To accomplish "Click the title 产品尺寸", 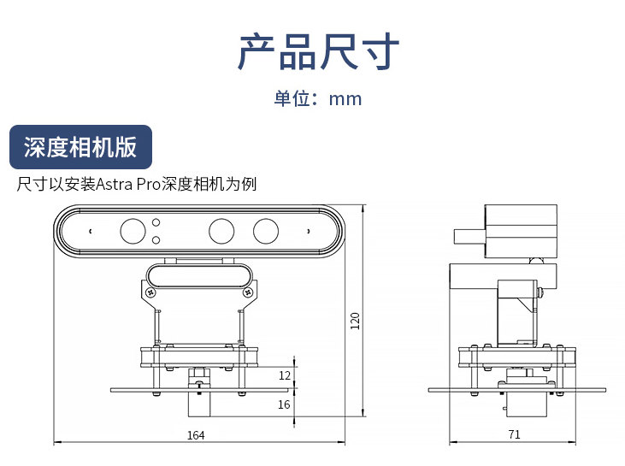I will pyautogui.click(x=317, y=51).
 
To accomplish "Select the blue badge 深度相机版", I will pyautogui.click(x=80, y=147).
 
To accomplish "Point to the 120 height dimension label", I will pyautogui.click(x=356, y=320).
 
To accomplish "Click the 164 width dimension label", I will pyautogui.click(x=196, y=435).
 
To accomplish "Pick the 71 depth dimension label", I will pyautogui.click(x=514, y=435).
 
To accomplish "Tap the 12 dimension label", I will pyautogui.click(x=284, y=375).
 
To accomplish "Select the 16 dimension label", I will pyautogui.click(x=284, y=404).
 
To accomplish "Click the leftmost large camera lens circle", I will pyautogui.click(x=133, y=230).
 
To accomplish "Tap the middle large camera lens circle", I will pyautogui.click(x=221, y=230).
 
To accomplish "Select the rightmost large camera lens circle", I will pyautogui.click(x=265, y=230).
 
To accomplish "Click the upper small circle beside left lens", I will pyautogui.click(x=156, y=222).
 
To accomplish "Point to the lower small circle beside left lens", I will pyautogui.click(x=156, y=239).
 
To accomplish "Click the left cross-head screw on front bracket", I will pyautogui.click(x=151, y=292).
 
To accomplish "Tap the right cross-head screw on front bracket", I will pyautogui.click(x=247, y=292).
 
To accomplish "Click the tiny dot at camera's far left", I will pyautogui.click(x=89, y=230).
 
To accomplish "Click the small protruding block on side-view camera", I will pyautogui.click(x=468, y=236).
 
